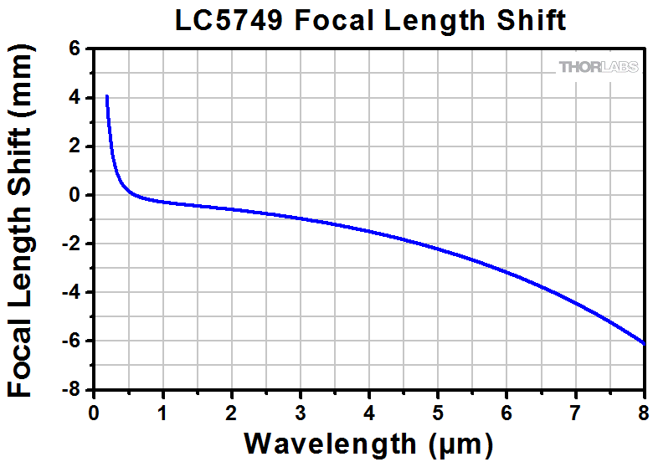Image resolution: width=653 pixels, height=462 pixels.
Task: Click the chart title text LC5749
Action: coord(225,20)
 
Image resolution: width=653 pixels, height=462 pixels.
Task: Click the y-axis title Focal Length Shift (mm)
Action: coord(25,219)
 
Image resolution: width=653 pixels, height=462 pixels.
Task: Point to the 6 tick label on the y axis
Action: coord(75,49)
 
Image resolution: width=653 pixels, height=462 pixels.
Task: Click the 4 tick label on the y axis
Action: coord(75,98)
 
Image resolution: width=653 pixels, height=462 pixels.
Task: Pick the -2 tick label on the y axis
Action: coord(71,244)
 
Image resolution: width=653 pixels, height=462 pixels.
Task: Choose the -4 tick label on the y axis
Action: coord(71,293)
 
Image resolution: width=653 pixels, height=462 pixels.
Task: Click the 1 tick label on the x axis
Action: coord(163,410)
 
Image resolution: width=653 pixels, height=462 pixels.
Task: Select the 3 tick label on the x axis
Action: coord(301,410)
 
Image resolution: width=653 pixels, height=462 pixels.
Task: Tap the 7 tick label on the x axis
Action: coord(575,410)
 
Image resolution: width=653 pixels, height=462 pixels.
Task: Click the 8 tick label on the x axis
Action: coord(643,410)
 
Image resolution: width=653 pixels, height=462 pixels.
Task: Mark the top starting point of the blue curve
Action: coord(107,96)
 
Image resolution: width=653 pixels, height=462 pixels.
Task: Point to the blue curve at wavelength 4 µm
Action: coord(369,231)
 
